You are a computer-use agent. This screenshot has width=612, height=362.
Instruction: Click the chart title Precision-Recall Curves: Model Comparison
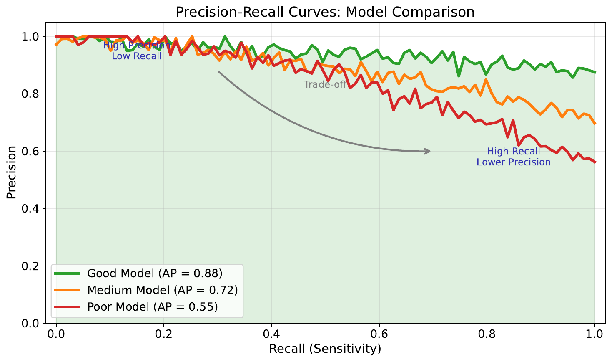click(x=325, y=12)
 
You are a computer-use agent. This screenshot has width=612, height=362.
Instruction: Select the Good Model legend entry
click(x=155, y=273)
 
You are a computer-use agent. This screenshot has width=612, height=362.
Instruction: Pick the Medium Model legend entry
click(x=162, y=290)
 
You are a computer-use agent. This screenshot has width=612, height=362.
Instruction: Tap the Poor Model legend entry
click(x=152, y=307)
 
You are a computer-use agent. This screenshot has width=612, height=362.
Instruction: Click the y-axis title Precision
click(x=12, y=172)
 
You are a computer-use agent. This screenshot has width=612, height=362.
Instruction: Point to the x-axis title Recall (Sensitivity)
click(x=325, y=349)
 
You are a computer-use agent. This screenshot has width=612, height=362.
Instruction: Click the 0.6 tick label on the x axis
click(x=379, y=334)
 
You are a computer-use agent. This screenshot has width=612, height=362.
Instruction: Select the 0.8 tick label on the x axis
click(x=487, y=334)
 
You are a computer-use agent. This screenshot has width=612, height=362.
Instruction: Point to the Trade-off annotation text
click(x=325, y=85)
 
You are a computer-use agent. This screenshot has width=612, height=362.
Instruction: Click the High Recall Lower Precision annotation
click(x=513, y=157)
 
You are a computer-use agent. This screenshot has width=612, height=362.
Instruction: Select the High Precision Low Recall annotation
click(x=137, y=51)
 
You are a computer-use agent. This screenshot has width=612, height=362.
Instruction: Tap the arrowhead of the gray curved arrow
click(x=429, y=151)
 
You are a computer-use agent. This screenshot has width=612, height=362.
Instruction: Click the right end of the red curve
click(x=594, y=162)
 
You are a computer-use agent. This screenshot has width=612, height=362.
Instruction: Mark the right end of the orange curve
click(x=594, y=124)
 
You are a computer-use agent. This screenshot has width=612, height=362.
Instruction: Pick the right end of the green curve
click(x=594, y=72)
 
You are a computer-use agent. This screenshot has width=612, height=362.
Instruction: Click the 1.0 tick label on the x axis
click(x=594, y=334)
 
